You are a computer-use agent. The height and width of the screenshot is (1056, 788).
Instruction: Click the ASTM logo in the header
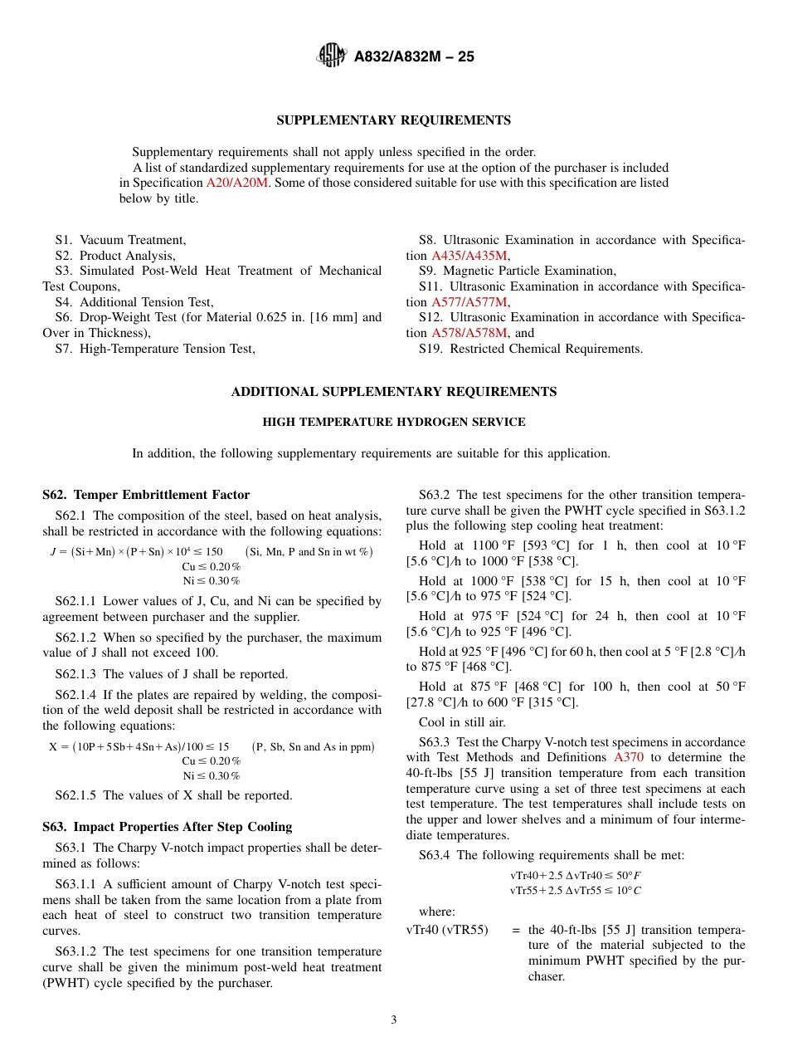(x=332, y=56)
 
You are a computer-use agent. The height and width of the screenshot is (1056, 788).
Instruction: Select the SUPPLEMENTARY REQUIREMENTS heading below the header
(x=393, y=120)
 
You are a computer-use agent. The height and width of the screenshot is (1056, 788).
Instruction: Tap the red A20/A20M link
(x=237, y=183)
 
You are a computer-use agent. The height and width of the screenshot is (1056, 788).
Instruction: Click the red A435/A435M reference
(x=469, y=256)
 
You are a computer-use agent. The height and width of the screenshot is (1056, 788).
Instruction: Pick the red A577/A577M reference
(x=469, y=302)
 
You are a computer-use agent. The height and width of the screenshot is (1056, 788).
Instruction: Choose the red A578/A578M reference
(x=469, y=333)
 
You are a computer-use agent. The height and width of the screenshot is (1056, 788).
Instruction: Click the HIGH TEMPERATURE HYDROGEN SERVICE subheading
(x=393, y=422)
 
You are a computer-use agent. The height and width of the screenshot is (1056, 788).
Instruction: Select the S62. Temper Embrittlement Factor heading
(x=146, y=495)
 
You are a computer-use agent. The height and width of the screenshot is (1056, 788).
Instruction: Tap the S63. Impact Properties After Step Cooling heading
(x=168, y=827)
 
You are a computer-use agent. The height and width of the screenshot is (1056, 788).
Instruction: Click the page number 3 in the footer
(x=393, y=1019)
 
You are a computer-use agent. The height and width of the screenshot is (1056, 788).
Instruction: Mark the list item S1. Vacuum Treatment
(x=121, y=240)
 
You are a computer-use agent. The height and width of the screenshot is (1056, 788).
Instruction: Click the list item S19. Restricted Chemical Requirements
(x=531, y=349)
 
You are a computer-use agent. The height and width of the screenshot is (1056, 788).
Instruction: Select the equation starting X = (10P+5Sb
(x=139, y=746)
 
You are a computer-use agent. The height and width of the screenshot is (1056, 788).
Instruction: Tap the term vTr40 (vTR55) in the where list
(x=447, y=930)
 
